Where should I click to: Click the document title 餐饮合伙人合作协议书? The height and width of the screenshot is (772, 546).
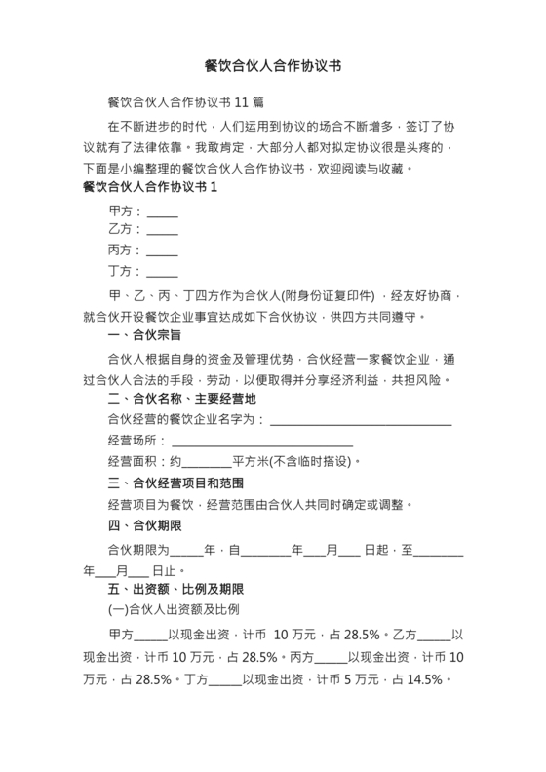pos(273,66)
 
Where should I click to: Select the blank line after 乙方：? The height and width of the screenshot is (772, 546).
pos(162,234)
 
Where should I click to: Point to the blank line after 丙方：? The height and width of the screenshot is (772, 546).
pos(162,252)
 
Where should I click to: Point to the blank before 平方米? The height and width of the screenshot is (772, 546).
pos(207,463)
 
